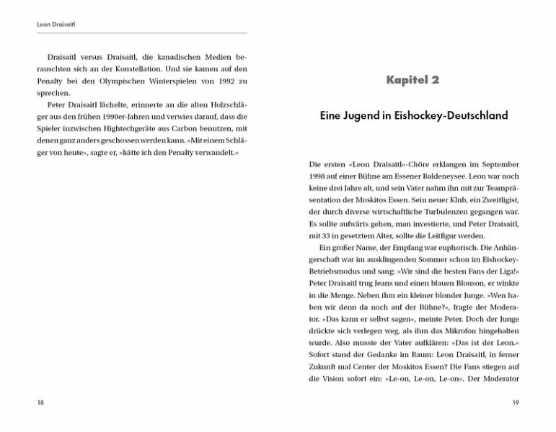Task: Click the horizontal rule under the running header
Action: [141, 33]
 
